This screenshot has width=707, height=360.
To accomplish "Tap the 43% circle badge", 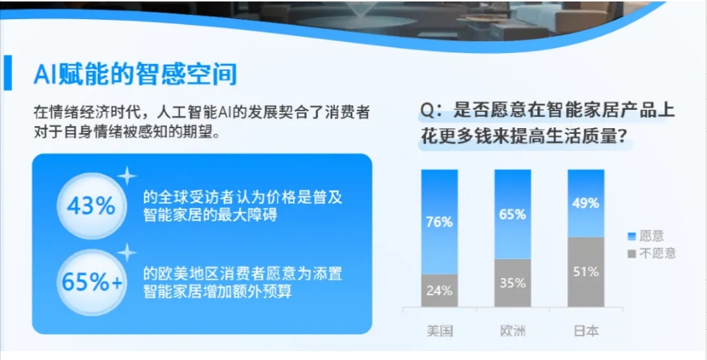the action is [91, 207].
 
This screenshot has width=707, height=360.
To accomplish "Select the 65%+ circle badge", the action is [91, 283].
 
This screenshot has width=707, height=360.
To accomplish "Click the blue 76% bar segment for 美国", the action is [440, 222].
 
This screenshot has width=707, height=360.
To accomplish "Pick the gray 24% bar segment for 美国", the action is [440, 291].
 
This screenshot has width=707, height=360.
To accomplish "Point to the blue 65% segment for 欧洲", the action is [513, 214].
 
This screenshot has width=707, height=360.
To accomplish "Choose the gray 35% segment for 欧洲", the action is [513, 283].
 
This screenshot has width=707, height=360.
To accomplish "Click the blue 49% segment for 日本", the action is [586, 203].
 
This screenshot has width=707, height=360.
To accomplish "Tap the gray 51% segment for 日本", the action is [586, 272].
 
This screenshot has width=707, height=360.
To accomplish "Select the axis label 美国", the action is [440, 331].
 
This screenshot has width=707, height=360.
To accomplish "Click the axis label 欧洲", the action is [513, 331].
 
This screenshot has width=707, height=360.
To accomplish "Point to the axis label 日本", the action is [586, 331].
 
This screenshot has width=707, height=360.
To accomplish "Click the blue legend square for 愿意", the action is [632, 236].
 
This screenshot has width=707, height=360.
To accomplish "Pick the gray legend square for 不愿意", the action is [632, 253].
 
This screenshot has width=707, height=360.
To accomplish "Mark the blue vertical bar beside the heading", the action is [7, 73].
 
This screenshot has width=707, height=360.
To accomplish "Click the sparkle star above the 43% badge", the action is [127, 176].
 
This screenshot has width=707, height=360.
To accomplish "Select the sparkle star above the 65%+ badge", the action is [127, 253].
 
